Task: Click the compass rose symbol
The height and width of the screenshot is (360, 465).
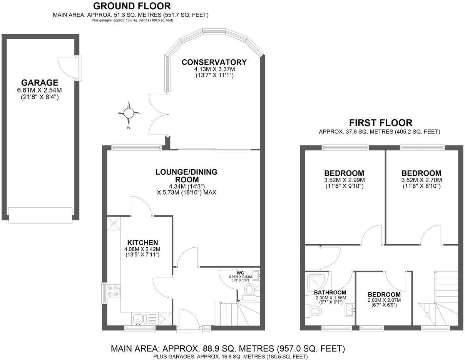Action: tap(129, 113)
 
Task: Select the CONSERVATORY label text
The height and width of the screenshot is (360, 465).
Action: tap(214, 62)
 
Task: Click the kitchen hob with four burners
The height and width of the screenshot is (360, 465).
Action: tap(114, 291)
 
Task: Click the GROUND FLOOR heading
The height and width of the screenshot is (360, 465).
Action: tap(132, 6)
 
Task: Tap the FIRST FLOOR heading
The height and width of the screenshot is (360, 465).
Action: tap(380, 123)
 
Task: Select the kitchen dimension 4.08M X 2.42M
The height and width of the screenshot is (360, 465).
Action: tap(142, 249)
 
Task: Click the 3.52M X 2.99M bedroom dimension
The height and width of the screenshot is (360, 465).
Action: tap(344, 180)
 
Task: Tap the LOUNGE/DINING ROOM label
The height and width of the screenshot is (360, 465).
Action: tap(186, 176)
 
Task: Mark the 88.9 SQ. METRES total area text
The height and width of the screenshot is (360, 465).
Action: tap(227, 349)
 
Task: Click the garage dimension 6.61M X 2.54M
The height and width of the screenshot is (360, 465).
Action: tap(40, 90)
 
